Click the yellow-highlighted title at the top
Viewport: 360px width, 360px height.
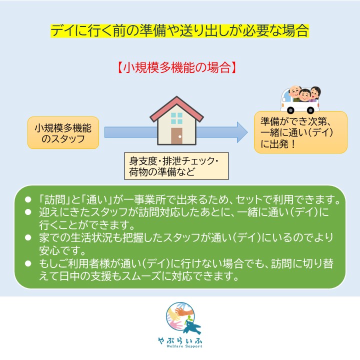tap(179, 30)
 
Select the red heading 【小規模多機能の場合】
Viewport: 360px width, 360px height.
tap(176, 67)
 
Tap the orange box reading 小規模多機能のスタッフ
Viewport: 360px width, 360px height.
tap(63, 132)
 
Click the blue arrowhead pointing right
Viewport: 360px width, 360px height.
tap(242, 132)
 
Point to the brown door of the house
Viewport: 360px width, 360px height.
tap(176, 136)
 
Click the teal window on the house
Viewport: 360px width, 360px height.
tap(176, 118)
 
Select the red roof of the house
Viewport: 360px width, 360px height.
tap(176, 108)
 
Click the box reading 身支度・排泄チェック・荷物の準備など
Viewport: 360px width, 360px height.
tap(176, 166)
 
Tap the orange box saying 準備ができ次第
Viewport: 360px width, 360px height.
tap(300, 132)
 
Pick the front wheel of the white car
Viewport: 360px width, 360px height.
tap(290, 110)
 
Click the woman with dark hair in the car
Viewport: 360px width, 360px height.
tap(315, 93)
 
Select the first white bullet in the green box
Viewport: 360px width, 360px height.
tap(28, 199)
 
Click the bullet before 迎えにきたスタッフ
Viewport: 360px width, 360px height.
tap(28, 212)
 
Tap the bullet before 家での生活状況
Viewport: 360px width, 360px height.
tap(28, 237)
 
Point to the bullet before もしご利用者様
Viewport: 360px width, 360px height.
tap(28, 263)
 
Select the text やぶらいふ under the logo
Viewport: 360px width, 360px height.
tap(180, 340)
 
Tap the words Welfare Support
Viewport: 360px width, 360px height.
tap(184, 346)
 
